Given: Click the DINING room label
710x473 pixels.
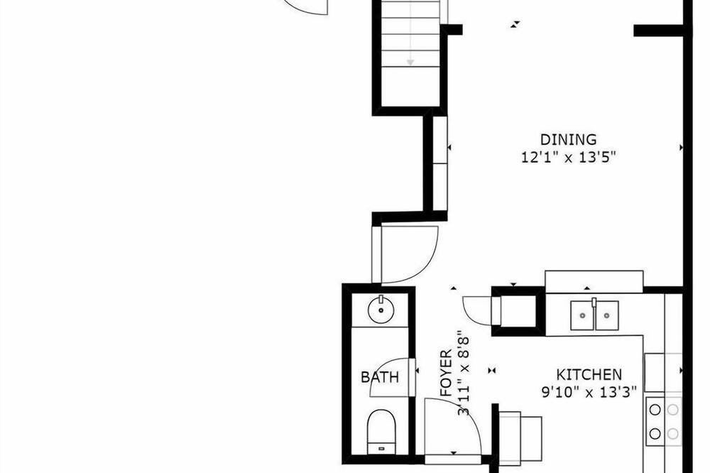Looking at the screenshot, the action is [568, 139].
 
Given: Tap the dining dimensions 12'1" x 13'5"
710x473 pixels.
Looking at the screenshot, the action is [568, 157].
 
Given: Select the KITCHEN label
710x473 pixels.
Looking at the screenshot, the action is [589, 375].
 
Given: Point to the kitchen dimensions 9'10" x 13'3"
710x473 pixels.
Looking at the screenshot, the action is [589, 392].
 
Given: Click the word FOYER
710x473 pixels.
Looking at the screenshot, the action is [446, 373].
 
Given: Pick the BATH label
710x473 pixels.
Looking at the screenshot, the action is [380, 377].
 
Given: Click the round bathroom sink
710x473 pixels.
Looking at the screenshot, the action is [381, 310].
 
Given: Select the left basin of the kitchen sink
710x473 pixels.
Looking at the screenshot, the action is [582, 315].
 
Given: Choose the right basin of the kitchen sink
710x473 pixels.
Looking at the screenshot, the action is [607, 315].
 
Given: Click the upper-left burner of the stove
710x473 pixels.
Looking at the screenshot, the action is [655, 410].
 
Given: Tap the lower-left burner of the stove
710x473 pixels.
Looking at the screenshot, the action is [655, 433].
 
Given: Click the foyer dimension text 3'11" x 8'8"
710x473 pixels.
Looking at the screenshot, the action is [463, 376].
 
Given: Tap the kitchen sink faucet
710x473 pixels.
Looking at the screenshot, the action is [594, 303].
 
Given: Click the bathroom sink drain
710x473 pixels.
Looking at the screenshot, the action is [381, 310].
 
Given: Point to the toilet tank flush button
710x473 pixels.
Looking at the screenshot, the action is [381, 449].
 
